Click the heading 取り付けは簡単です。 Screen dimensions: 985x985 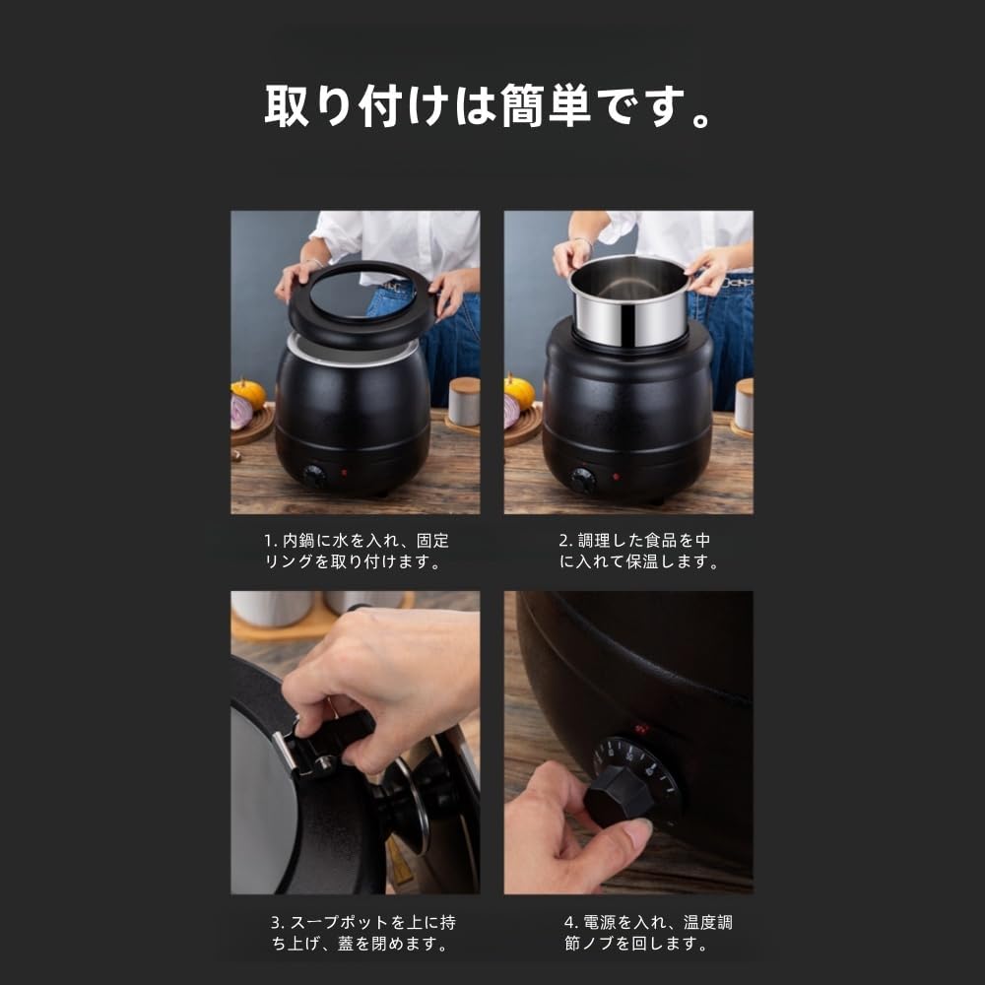pyautogui.click(x=489, y=106)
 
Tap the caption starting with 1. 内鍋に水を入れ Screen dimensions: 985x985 pyautogui.click(x=356, y=552)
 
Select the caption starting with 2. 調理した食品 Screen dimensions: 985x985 pyautogui.click(x=634, y=552)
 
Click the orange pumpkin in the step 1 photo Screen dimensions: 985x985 pyautogui.click(x=248, y=393)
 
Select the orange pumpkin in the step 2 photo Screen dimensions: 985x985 pyautogui.click(x=519, y=391)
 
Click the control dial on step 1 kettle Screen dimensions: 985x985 pyautogui.click(x=314, y=477)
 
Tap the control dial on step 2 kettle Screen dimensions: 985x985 pyautogui.click(x=583, y=480)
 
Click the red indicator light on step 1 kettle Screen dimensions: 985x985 pyautogui.click(x=343, y=473)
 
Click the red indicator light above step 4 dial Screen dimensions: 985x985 pyautogui.click(x=642, y=730)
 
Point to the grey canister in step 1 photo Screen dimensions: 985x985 pyautogui.click(x=464, y=402)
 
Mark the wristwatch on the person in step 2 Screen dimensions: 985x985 pyautogui.click(x=587, y=241)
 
